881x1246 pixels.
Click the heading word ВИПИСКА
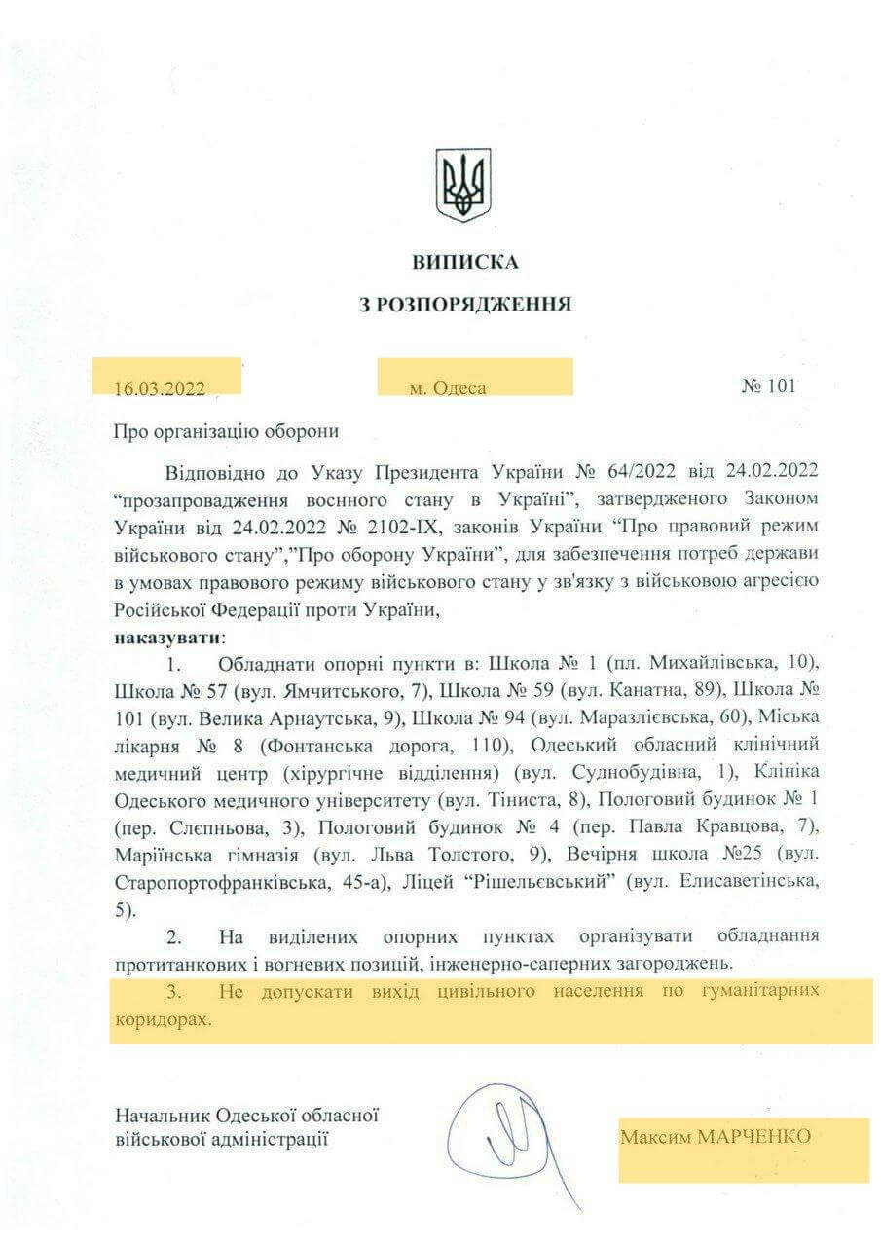[465, 263]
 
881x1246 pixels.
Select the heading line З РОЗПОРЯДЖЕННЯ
[465, 303]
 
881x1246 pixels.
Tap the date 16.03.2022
[159, 386]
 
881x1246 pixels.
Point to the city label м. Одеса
[447, 386]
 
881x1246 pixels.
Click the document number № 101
[768, 385]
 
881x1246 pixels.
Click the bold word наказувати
[167, 639]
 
